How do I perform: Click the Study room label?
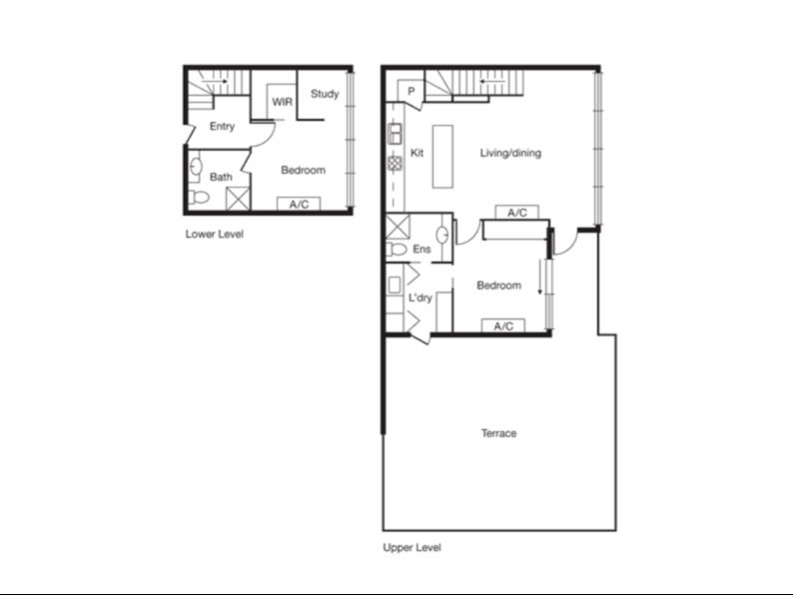(x=325, y=94)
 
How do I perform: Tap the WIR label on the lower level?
(x=283, y=102)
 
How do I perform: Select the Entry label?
(x=222, y=127)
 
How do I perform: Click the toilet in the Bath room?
(x=199, y=196)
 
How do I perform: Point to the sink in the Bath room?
(x=196, y=167)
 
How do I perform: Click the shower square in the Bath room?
(x=238, y=198)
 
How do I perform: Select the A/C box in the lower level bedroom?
(x=299, y=205)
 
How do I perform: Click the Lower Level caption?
(x=215, y=234)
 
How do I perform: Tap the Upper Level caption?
(x=411, y=547)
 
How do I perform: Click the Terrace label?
(x=498, y=433)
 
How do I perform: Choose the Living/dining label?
(x=510, y=153)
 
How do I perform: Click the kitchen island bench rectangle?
(x=442, y=157)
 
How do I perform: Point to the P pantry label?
(x=411, y=92)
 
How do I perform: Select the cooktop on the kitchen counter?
(x=395, y=163)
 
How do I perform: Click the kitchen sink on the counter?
(x=395, y=134)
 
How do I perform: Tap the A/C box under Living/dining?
(x=517, y=213)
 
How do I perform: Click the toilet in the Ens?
(x=397, y=249)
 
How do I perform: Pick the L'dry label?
(x=420, y=297)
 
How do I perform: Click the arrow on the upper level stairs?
(x=492, y=81)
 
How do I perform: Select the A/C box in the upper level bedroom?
(x=503, y=326)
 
